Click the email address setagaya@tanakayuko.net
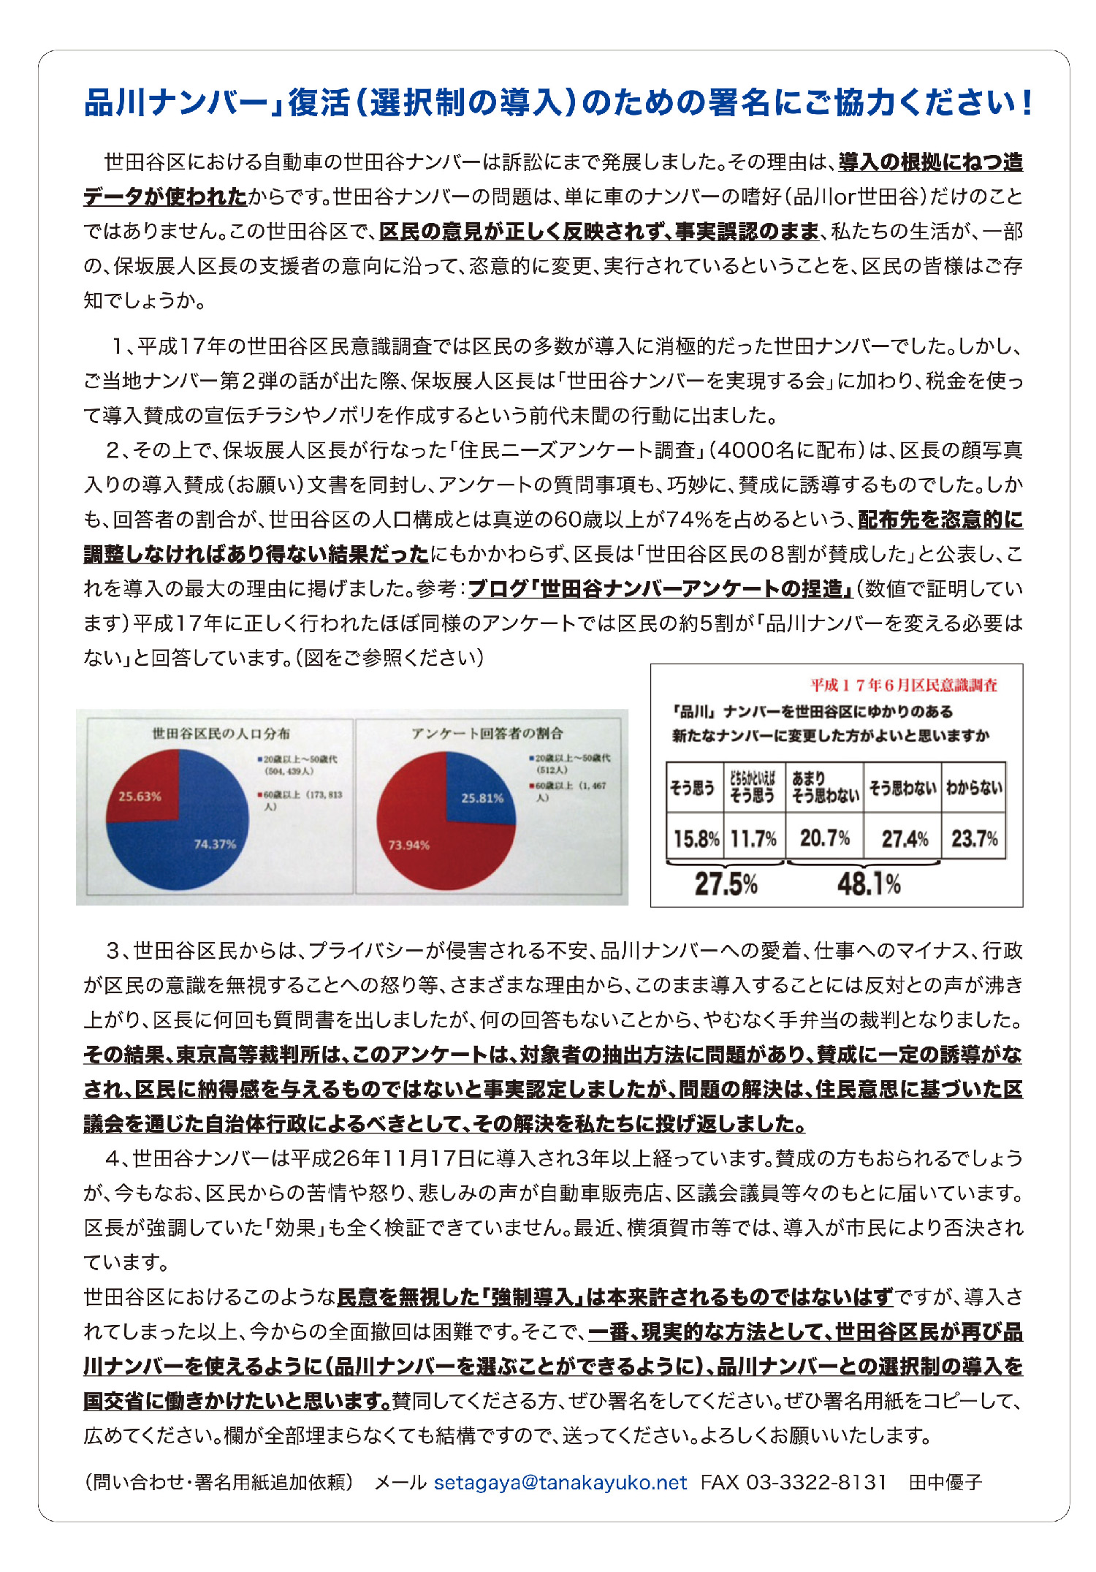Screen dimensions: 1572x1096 click(x=560, y=1482)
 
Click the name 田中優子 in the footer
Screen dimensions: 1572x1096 click(x=945, y=1482)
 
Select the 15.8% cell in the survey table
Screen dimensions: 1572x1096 click(x=696, y=838)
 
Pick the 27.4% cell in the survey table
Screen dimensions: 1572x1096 click(x=904, y=838)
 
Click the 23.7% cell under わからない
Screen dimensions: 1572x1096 click(x=974, y=838)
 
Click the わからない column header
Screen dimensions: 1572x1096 click(x=974, y=788)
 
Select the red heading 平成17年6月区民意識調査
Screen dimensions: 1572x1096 click(x=903, y=686)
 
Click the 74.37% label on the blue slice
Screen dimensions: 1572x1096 click(x=215, y=844)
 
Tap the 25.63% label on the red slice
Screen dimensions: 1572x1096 click(x=140, y=796)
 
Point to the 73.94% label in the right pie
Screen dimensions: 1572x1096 click(x=408, y=845)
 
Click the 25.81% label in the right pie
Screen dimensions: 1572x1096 click(x=482, y=798)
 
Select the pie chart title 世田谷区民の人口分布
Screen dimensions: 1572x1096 click(x=221, y=733)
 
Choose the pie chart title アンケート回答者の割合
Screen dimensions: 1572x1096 click(x=487, y=733)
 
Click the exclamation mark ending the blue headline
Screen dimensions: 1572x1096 click(x=1027, y=103)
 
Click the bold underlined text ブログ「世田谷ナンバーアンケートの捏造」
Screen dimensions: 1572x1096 click(x=661, y=588)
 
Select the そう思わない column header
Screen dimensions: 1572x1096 click(x=902, y=788)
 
